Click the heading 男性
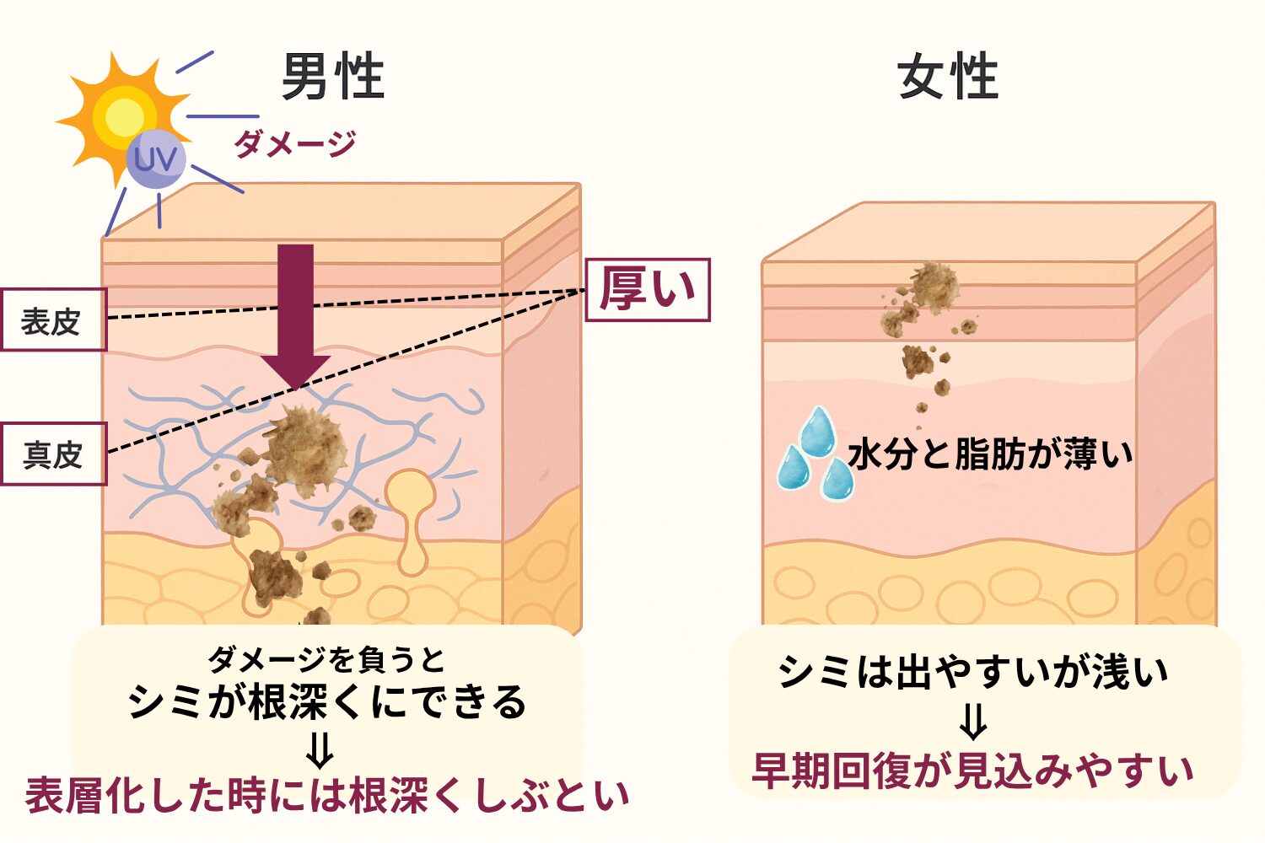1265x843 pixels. (332, 77)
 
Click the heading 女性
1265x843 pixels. (948, 77)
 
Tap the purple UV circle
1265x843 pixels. (156, 159)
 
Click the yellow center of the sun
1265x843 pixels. (125, 114)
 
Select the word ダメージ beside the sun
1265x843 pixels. (295, 144)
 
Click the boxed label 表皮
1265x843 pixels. (52, 320)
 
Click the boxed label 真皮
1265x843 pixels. (52, 454)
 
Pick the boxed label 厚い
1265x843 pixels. (648, 290)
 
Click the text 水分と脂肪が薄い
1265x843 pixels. (991, 454)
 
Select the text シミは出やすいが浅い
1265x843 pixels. (973, 672)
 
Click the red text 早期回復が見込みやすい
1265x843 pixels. (973, 771)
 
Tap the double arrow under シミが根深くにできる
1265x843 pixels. (320, 749)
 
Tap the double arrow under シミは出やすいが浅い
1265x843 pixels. (973, 722)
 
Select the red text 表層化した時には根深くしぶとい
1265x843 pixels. (327, 796)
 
